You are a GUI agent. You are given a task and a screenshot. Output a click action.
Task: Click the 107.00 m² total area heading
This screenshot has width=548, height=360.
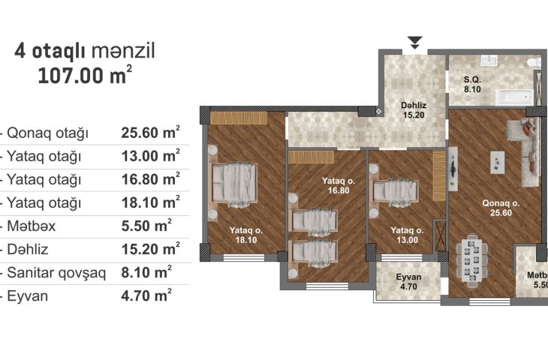tap(85, 74)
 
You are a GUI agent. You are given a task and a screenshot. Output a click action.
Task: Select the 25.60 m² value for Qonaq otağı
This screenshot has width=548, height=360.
tap(151, 132)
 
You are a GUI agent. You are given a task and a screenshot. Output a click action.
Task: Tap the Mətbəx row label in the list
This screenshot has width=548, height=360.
tap(32, 226)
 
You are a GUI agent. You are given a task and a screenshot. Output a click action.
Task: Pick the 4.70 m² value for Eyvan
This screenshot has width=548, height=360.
tap(146, 295)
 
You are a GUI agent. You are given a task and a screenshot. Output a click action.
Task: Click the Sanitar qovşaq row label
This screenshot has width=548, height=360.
tap(56, 273)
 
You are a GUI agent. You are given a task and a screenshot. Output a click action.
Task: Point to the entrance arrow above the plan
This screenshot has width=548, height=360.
tap(415, 42)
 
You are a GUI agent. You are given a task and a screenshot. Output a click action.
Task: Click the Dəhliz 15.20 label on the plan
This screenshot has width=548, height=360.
tap(414, 110)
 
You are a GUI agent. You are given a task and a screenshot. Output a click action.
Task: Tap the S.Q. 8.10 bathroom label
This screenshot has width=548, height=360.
tap(472, 85)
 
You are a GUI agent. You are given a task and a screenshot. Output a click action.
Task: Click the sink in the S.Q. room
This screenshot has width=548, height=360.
tap(489, 60)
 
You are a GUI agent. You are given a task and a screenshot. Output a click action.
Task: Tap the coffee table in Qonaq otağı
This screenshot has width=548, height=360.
tap(497, 162)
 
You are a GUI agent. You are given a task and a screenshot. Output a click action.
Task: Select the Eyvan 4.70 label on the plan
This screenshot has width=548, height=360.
tap(408, 282)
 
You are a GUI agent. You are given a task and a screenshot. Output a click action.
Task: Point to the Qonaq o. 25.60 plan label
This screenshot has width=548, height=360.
tap(501, 208)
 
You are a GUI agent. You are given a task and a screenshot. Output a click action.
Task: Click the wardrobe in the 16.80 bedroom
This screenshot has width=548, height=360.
tap(311, 157)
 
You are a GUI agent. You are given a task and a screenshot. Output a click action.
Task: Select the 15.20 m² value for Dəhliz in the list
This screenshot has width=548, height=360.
tap(151, 249)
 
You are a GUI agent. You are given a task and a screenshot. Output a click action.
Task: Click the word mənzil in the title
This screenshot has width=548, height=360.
tap(123, 51)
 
